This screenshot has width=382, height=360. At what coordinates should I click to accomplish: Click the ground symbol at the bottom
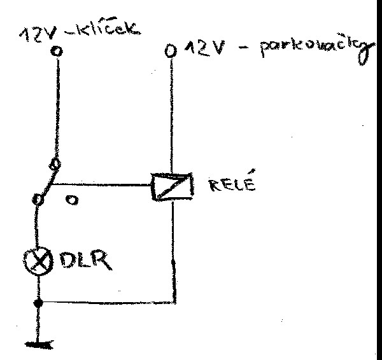pyautogui.click(x=39, y=344)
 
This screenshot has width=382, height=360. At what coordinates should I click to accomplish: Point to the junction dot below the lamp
pyautogui.click(x=39, y=302)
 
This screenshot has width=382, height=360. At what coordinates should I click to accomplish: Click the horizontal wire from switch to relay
pyautogui.click(x=102, y=186)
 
